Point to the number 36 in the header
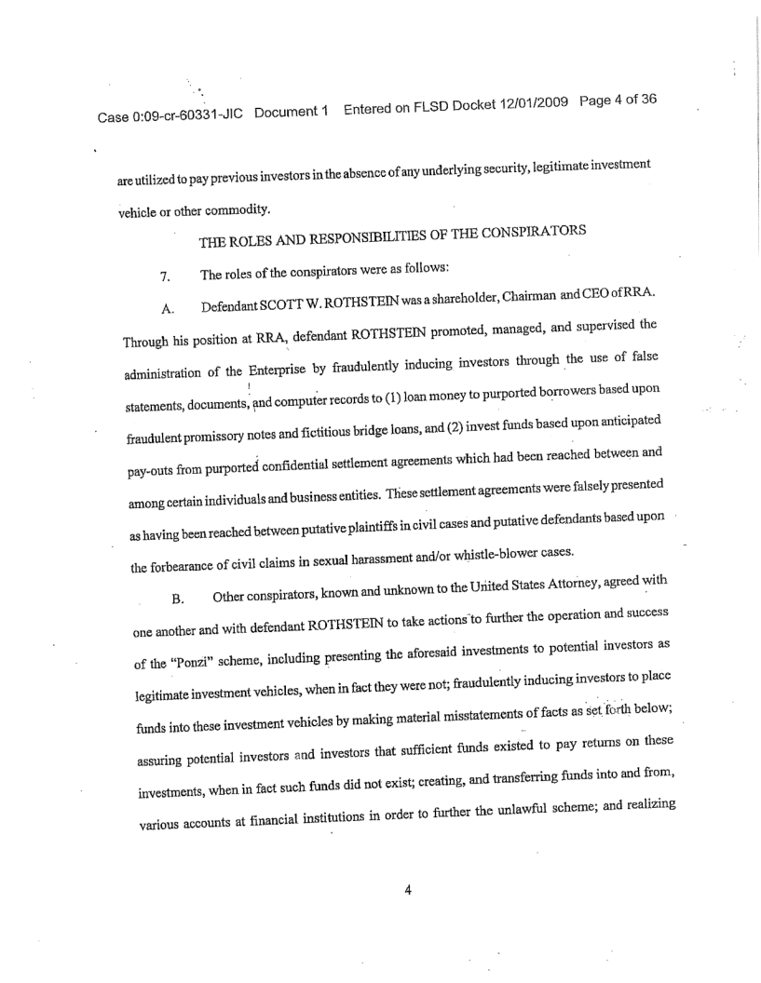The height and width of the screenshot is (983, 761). click(645, 97)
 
